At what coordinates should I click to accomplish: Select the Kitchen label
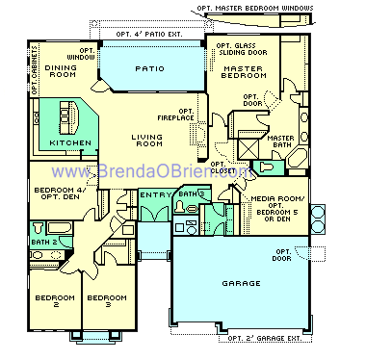point(72,143)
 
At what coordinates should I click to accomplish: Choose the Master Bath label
point(279,142)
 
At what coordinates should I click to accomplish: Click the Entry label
point(153,195)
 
